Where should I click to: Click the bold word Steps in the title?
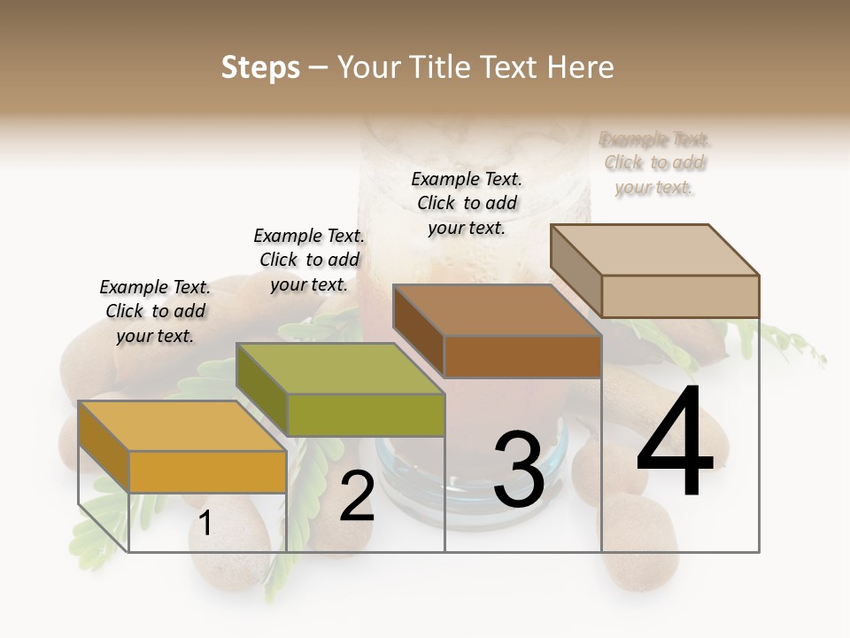tap(260, 67)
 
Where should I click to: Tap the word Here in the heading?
tap(580, 67)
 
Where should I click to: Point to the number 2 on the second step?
tap(357, 496)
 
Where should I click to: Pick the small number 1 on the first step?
tap(205, 524)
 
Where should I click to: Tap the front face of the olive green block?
tap(366, 415)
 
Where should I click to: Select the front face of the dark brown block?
tap(522, 356)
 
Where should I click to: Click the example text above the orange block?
tap(155, 311)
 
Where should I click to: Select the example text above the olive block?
tap(309, 260)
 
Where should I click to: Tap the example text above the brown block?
tap(467, 203)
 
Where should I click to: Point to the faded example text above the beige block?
tap(654, 163)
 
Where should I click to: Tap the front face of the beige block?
tap(680, 296)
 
